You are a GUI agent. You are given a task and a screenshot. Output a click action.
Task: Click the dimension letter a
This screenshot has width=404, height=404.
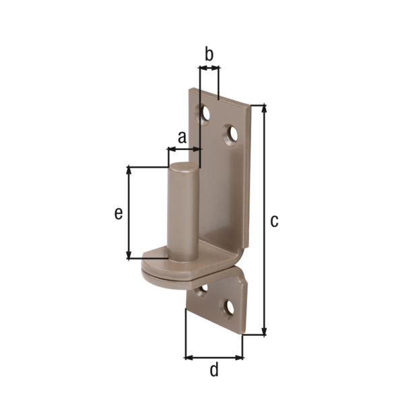(x=182, y=137)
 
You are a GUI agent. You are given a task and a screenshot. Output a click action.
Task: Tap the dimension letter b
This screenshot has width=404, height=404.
(x=209, y=55)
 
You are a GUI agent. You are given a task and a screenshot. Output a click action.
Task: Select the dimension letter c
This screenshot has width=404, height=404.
(x=274, y=221)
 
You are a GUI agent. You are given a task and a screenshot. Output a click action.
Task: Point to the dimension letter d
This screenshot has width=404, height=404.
(x=214, y=370)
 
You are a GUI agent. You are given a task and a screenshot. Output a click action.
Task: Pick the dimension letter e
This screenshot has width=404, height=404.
(x=118, y=213)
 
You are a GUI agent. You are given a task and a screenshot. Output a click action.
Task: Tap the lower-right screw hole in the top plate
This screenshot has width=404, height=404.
(x=232, y=135)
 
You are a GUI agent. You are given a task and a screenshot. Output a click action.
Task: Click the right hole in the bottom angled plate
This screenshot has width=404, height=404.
(x=230, y=308)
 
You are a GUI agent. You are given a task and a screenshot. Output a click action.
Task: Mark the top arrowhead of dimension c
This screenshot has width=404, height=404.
(x=263, y=108)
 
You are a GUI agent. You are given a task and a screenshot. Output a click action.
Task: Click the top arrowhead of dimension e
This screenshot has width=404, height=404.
(x=128, y=170)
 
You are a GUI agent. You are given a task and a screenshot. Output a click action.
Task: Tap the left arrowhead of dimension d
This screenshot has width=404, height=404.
(x=188, y=356)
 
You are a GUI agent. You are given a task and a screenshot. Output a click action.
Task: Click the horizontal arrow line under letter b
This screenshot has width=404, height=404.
(x=209, y=69)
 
